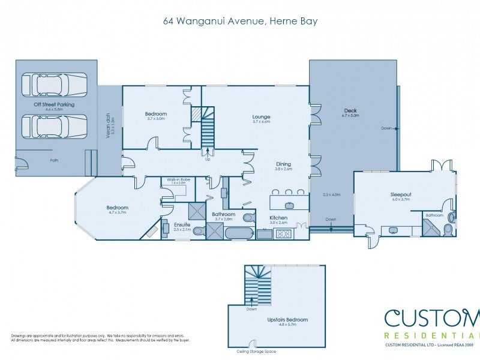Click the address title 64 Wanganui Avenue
click(x=240, y=22)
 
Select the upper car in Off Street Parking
click(x=54, y=85)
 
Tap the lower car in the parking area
click(x=54, y=127)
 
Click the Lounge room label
click(x=261, y=117)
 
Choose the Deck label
click(x=350, y=110)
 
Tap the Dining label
click(x=283, y=164)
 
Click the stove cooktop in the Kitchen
click(x=284, y=234)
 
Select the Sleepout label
click(x=400, y=194)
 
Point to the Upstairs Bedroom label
click(x=287, y=320)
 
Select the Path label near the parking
click(x=54, y=160)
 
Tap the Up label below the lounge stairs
click(x=208, y=160)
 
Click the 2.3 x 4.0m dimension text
click(x=331, y=194)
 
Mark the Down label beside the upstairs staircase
click(x=252, y=310)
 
